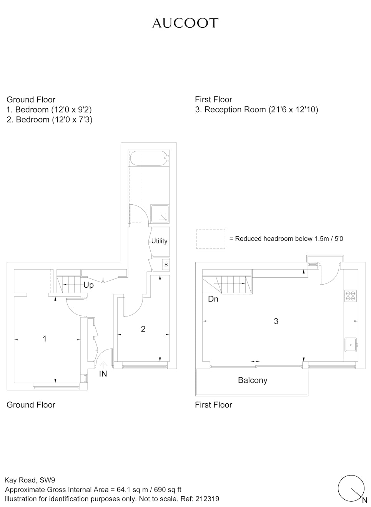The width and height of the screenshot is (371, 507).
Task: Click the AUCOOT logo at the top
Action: click(x=185, y=23)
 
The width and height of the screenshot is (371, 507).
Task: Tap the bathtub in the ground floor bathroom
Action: click(x=149, y=158)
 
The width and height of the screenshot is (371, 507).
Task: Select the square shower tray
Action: click(x=160, y=214)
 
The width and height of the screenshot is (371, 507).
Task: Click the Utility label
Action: click(x=159, y=241)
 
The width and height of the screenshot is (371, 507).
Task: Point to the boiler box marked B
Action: click(x=166, y=265)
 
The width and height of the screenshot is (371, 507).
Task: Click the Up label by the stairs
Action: click(x=88, y=285)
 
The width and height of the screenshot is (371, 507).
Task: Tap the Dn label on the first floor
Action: click(x=213, y=299)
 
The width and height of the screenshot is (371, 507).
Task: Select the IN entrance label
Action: click(x=103, y=374)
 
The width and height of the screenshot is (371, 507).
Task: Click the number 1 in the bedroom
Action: click(x=45, y=339)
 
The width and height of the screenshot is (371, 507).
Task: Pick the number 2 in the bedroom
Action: click(x=143, y=329)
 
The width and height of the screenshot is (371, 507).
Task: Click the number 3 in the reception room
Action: click(x=276, y=321)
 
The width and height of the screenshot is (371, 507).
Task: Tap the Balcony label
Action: click(x=253, y=380)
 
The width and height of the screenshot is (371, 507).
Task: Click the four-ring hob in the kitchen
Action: click(x=351, y=296)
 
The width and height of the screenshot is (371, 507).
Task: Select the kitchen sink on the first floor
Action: click(x=351, y=345)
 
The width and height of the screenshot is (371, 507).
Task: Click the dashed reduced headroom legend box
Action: click(x=211, y=239)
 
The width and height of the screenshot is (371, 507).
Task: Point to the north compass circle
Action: click(x=351, y=488)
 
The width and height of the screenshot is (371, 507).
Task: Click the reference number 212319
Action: click(x=207, y=499)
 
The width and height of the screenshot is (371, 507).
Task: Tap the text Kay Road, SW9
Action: click(x=30, y=480)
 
